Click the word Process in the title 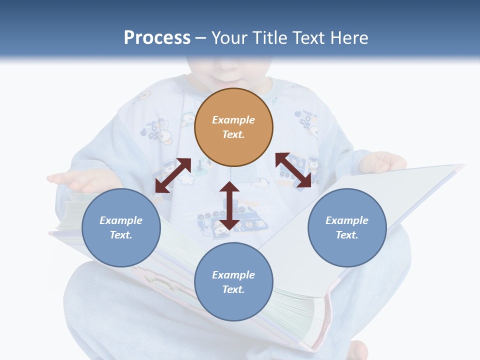tap(157, 38)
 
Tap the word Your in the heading tap(230, 38)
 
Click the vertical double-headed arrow tap(229, 205)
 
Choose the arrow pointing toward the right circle tap(293, 170)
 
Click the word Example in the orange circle tap(233, 120)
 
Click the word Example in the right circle tap(347, 220)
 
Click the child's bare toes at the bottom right tap(357, 350)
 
